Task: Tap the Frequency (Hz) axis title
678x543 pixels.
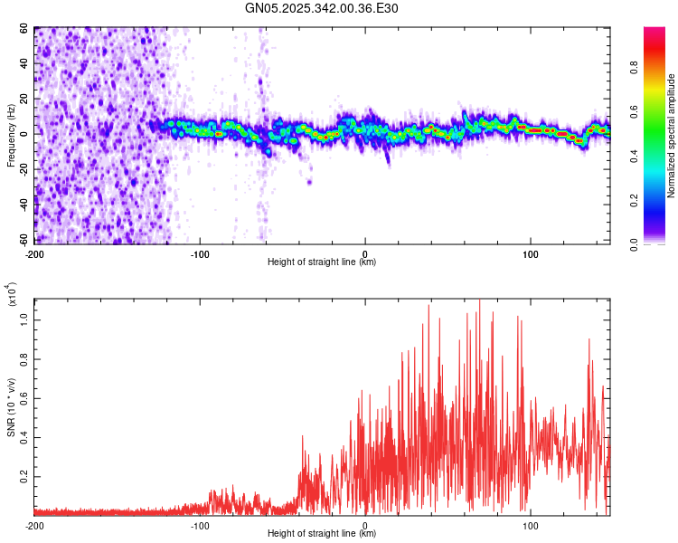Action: tap(12, 135)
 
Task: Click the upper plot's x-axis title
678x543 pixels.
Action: tap(322, 262)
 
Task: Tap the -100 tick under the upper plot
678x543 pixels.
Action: tap(200, 252)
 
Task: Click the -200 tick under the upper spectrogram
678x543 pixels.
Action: tap(35, 252)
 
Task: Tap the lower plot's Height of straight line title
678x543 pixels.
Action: tap(322, 534)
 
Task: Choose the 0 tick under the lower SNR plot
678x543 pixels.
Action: tap(365, 524)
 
